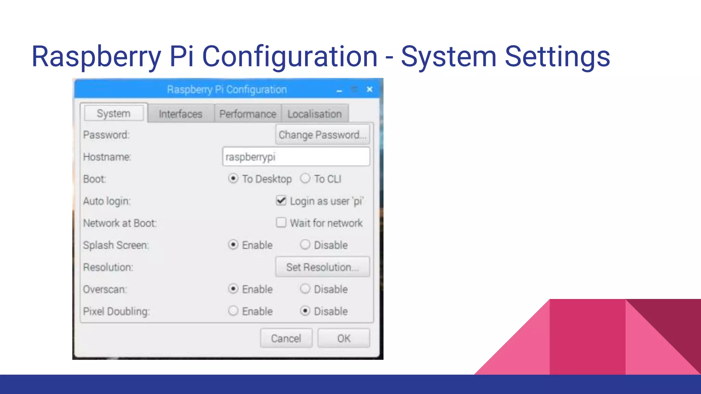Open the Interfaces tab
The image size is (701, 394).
pos(180,114)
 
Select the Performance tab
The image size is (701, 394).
pos(247,114)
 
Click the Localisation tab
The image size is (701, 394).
pos(315,114)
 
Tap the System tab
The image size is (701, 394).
pos(114,113)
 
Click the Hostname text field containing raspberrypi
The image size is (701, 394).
pos(296,157)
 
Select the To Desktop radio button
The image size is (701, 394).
pos(233,179)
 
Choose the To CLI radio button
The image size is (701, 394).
pos(305,179)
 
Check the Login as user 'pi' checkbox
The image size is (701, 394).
pos(281,200)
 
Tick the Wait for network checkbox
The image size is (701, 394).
pos(281,223)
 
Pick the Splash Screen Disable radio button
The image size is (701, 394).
pos(305,245)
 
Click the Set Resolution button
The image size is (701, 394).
pos(322,267)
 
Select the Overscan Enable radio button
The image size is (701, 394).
pos(233,289)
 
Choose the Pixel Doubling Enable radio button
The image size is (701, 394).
pos(233,311)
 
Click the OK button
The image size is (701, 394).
pos(344,338)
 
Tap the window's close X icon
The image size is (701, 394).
pos(370,89)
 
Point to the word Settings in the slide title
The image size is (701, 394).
pos(557,56)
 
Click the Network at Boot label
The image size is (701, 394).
pos(120,223)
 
